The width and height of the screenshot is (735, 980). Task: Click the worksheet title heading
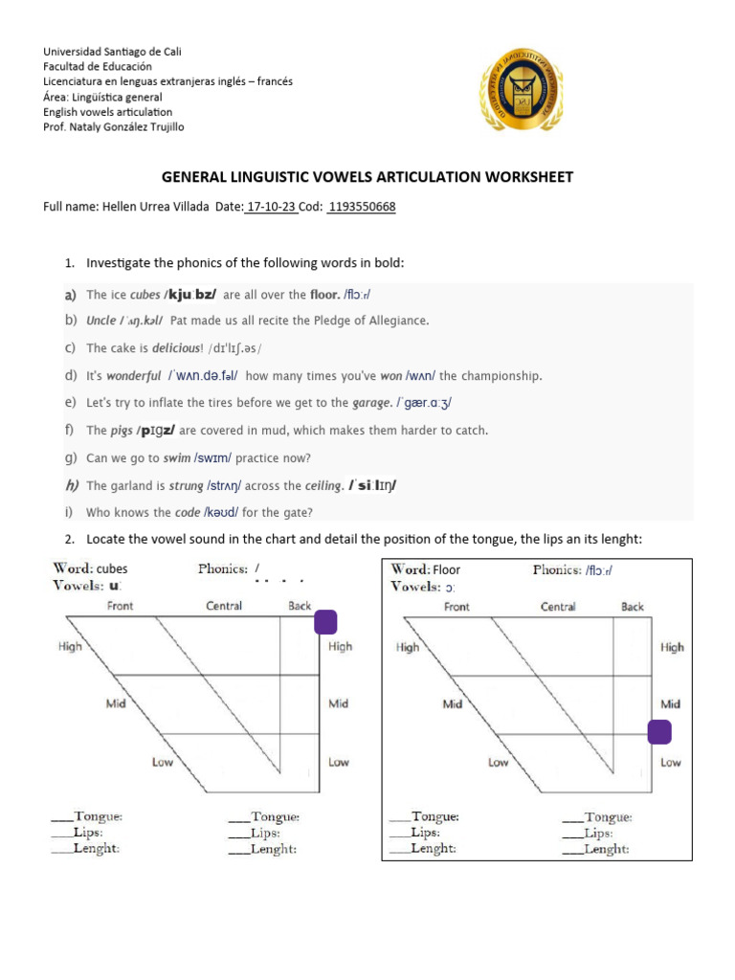pyautogui.click(x=367, y=177)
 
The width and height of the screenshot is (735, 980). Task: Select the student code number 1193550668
pyautogui.click(x=361, y=207)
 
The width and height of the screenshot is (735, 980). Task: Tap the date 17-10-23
pyautogui.click(x=273, y=207)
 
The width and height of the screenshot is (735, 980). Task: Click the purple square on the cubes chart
pyautogui.click(x=325, y=622)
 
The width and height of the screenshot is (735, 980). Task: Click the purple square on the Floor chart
pyautogui.click(x=659, y=732)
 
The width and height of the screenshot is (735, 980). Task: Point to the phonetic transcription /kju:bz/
pyautogui.click(x=190, y=295)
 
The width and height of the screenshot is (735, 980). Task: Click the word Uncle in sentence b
pyautogui.click(x=100, y=321)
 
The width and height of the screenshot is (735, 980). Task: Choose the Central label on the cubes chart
pyautogui.click(x=224, y=606)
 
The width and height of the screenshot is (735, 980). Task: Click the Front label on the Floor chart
pyautogui.click(x=457, y=607)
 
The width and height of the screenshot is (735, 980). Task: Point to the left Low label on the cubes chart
pyautogui.click(x=164, y=763)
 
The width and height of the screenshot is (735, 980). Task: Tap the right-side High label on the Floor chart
pyautogui.click(x=671, y=647)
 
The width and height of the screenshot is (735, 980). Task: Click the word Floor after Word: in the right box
pyautogui.click(x=446, y=569)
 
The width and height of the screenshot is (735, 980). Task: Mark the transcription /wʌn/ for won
pyautogui.click(x=422, y=376)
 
